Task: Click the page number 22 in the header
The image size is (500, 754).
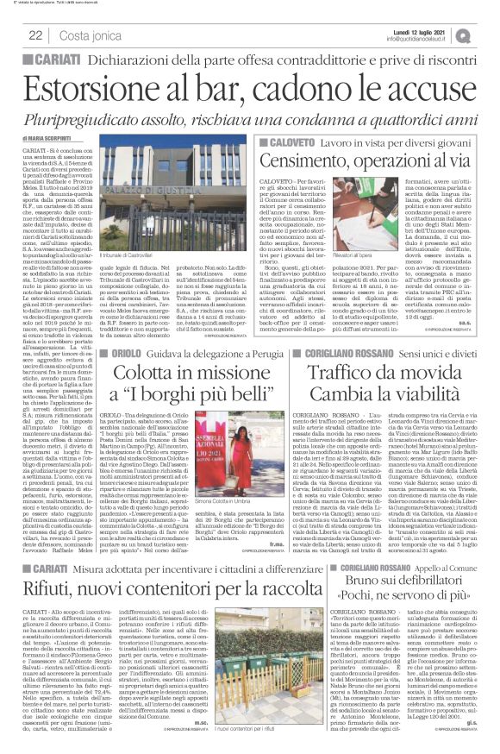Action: (x=37, y=35)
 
